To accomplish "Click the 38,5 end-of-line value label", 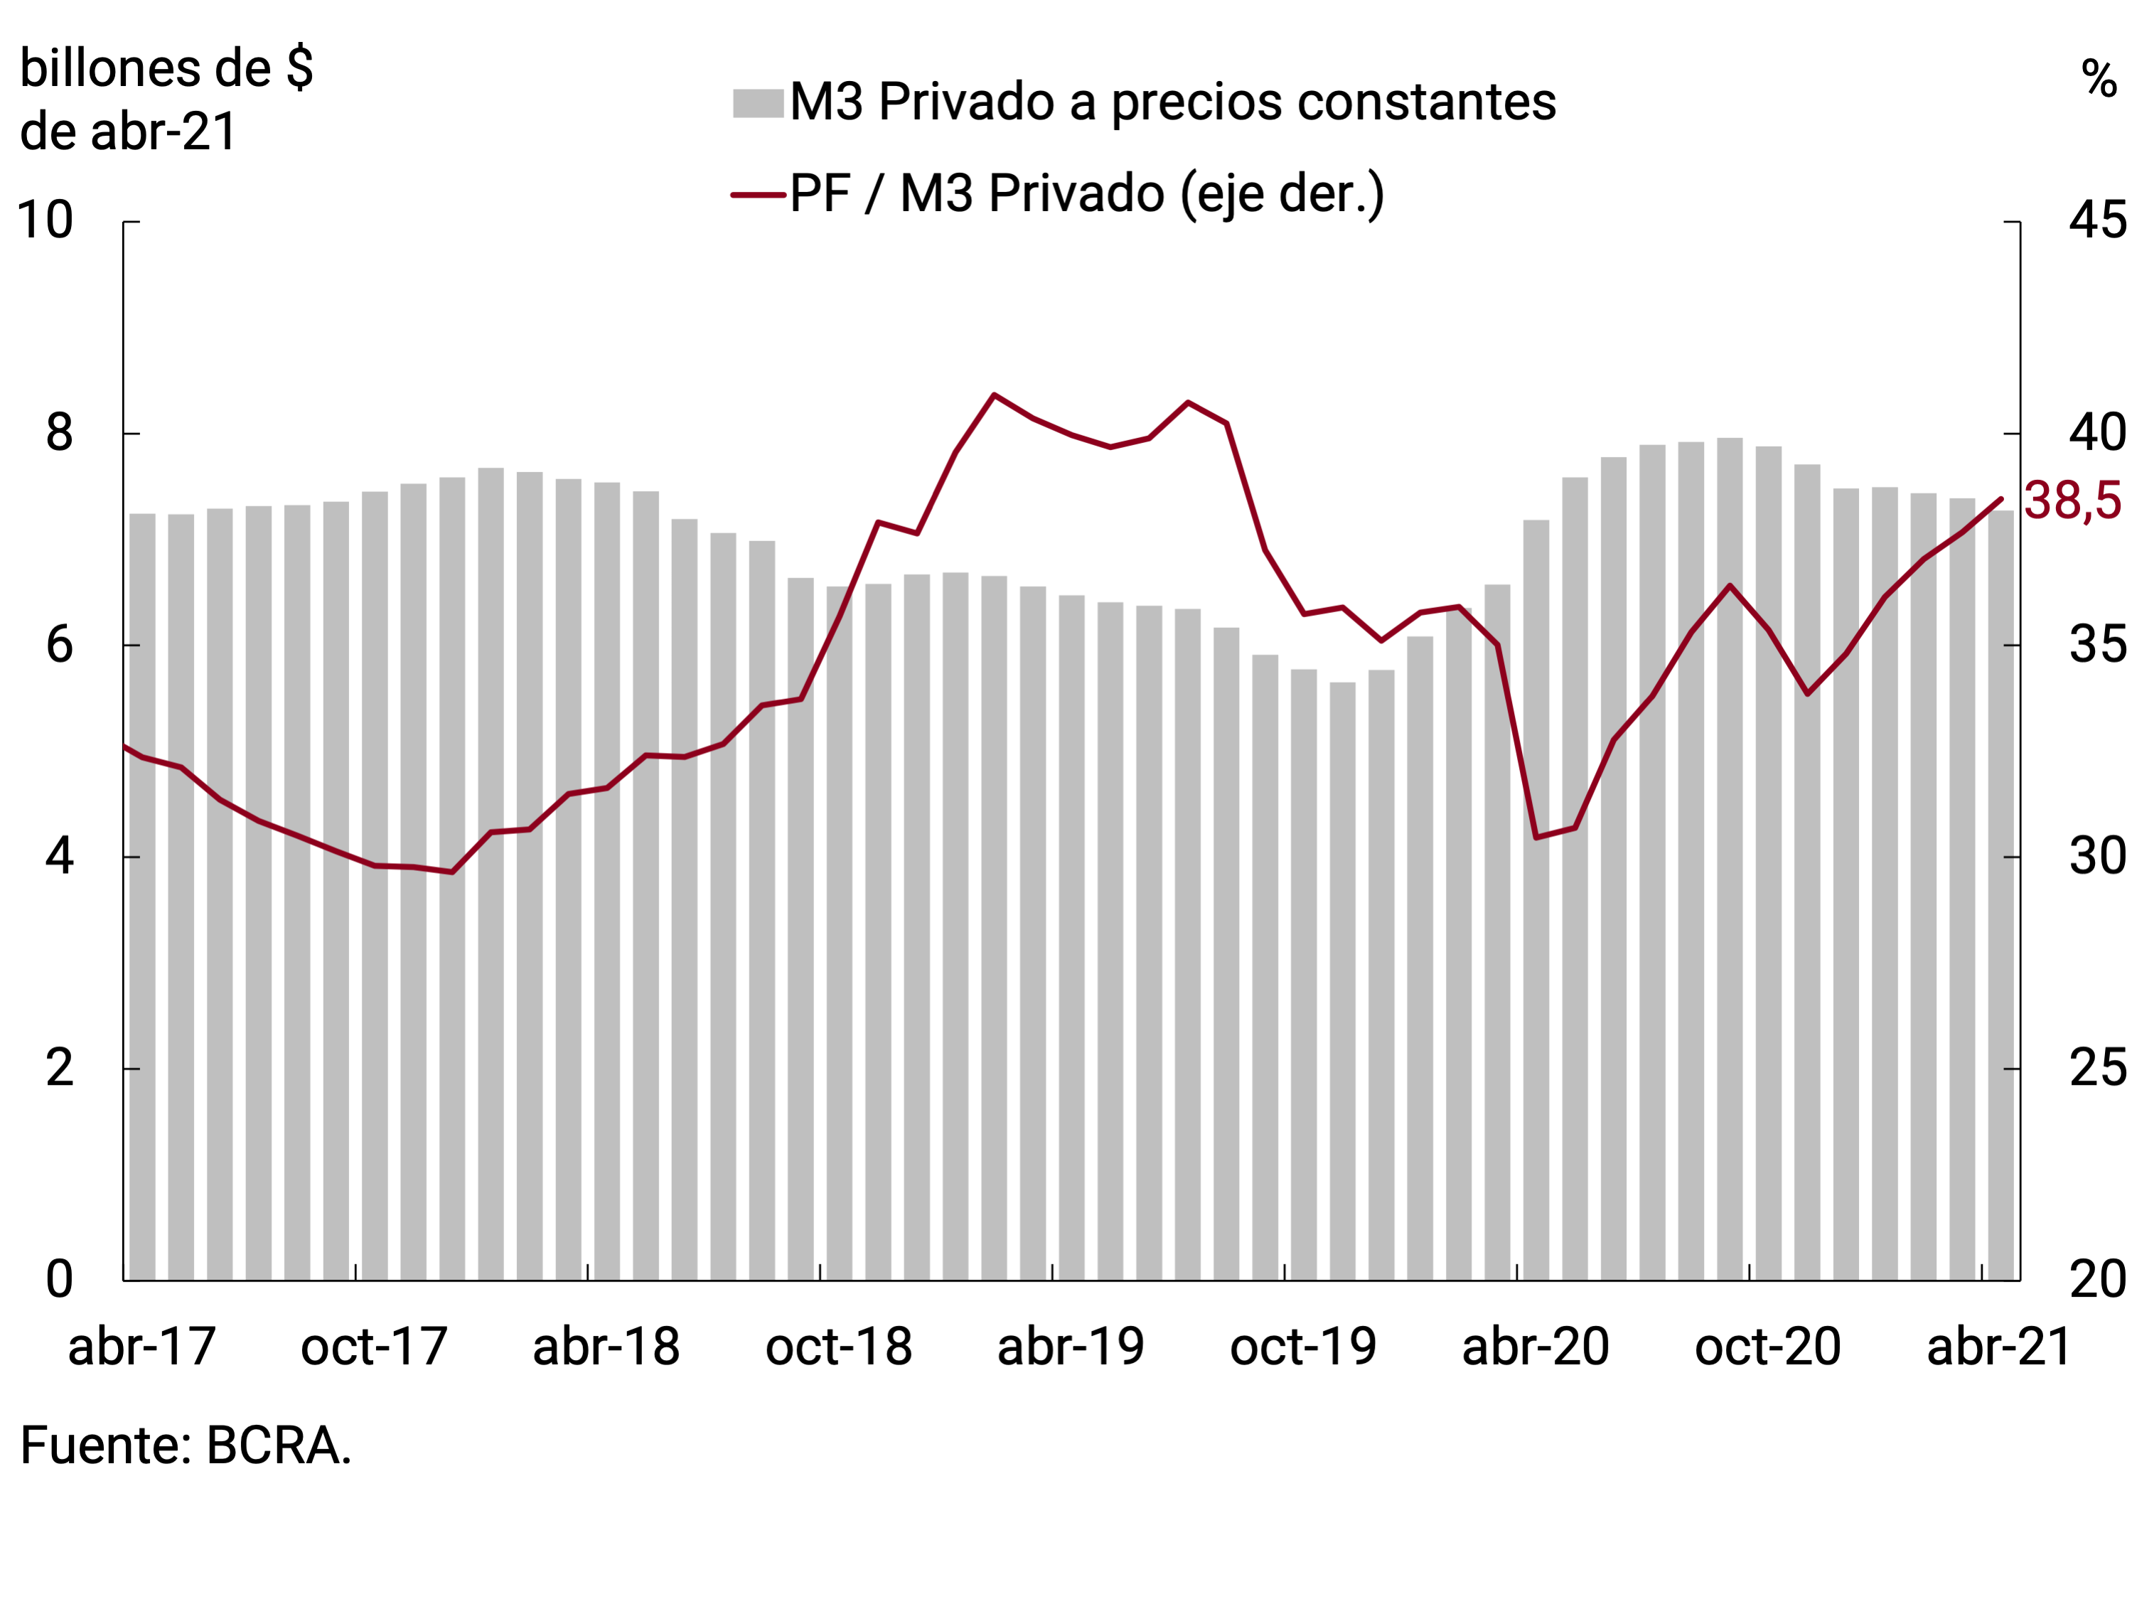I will coord(2072,501).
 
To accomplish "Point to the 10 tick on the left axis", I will coord(45,220).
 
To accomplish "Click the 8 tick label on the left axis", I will coord(59,433).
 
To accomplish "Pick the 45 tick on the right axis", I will coord(2097,220).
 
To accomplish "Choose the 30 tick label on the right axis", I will coord(2097,856).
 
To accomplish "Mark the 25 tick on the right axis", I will coord(2097,1068).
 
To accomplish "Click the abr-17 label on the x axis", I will coord(141,1347).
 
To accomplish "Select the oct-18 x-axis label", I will coord(839,1347).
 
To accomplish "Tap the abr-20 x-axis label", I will coord(1536,1347).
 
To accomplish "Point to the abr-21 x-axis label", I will coord(1999,1347).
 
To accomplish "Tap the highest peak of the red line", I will coord(994,395).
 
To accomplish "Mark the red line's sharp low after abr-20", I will coord(1536,838).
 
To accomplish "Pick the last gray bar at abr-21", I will coord(2001,897).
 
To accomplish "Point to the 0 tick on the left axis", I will coord(59,1280).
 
